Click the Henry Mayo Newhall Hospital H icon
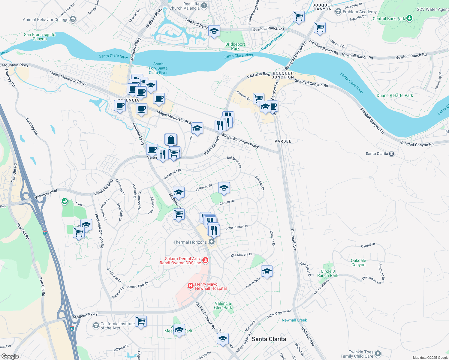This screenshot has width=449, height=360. point(190,286)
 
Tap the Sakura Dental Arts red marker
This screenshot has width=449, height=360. point(205,260)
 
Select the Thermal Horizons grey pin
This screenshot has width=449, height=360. point(212,242)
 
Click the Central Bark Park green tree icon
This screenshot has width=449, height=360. point(409,18)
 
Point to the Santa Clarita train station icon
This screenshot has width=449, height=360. point(391,154)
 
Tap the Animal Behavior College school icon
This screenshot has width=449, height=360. point(73,19)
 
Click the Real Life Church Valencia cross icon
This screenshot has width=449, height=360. point(204,5)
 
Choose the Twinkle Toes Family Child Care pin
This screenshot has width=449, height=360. point(378,354)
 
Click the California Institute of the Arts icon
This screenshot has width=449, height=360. point(96,325)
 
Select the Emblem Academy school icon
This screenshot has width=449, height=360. point(338,12)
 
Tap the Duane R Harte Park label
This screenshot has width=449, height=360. point(395,95)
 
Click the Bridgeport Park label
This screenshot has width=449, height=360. point(235,46)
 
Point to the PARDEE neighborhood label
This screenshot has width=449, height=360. point(283,141)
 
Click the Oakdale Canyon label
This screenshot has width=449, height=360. point(358,262)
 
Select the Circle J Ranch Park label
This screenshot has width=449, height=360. point(327,273)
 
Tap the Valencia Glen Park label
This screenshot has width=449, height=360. point(223,305)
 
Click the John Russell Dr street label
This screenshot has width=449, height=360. point(237,227)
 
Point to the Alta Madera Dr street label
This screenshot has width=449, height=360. point(241,255)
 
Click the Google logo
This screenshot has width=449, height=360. point(10,356)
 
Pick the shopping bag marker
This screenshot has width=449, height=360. point(171,139)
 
